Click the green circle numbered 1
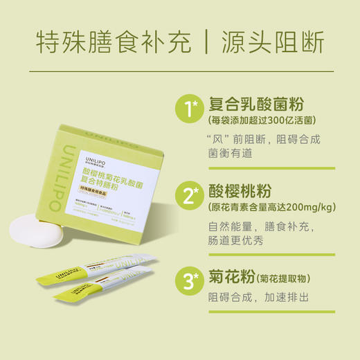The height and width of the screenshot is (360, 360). pos(188,109)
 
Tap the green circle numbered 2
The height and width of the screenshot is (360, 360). pos(188,195)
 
